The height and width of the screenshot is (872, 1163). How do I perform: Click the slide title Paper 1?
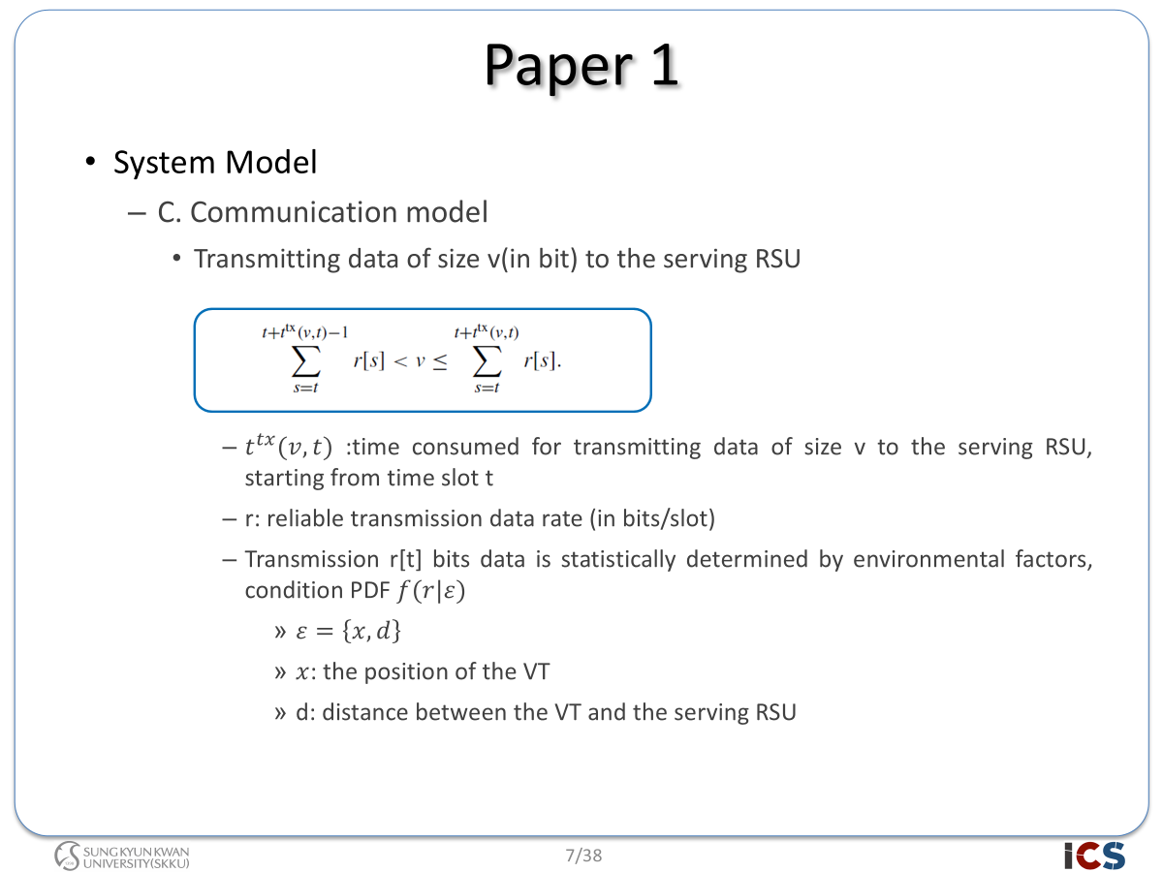pyautogui.click(x=581, y=66)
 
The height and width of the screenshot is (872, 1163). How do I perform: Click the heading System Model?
pyautogui.click(x=215, y=162)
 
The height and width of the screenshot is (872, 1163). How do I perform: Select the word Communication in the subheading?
pyautogui.click(x=294, y=212)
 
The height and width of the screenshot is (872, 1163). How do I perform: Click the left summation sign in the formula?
pyautogui.click(x=305, y=361)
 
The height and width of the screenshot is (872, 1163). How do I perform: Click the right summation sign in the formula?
pyautogui.click(x=487, y=361)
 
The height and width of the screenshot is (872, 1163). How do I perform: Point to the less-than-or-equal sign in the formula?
pyautogui.click(x=440, y=362)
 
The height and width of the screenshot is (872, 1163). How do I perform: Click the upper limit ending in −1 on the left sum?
pyautogui.click(x=304, y=332)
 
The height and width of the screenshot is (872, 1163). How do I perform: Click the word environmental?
pyautogui.click(x=928, y=559)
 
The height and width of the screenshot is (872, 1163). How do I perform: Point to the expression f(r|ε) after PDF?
pyautogui.click(x=430, y=591)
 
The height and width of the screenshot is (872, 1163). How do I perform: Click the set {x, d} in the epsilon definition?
pyautogui.click(x=371, y=631)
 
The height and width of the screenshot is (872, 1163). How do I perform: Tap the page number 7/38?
pyautogui.click(x=583, y=856)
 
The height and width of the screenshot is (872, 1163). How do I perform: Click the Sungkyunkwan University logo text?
pyautogui.click(x=137, y=857)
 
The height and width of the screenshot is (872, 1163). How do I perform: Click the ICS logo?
pyautogui.click(x=1094, y=856)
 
